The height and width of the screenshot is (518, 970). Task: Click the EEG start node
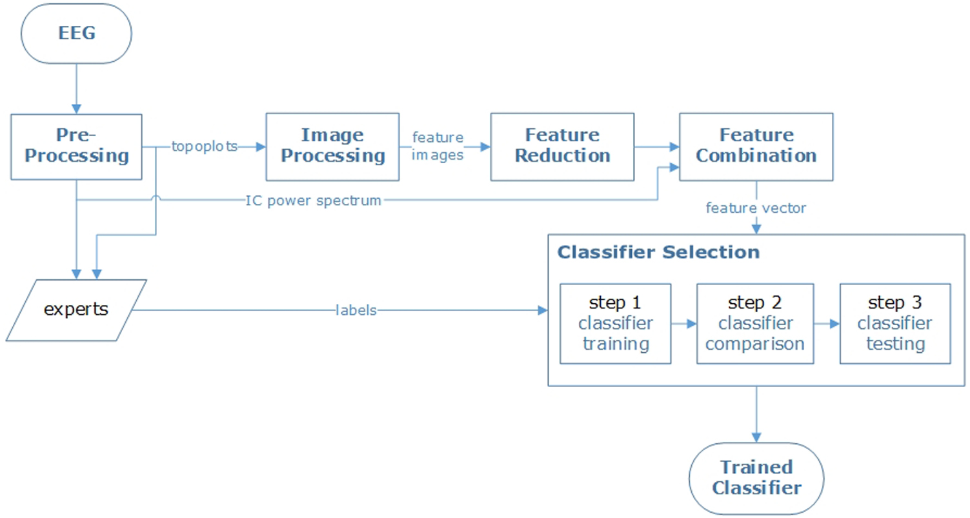tap(76, 34)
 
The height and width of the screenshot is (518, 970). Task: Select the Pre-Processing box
tap(76, 146)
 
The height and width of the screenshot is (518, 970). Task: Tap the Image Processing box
tap(332, 146)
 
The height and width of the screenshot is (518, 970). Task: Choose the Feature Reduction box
tap(562, 146)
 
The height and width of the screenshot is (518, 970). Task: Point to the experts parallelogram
tap(76, 310)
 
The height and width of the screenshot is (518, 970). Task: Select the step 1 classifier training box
tap(615, 323)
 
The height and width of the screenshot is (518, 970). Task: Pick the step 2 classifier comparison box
tap(754, 323)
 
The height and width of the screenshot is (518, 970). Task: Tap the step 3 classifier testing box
tap(894, 323)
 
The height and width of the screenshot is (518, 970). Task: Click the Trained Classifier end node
tap(756, 477)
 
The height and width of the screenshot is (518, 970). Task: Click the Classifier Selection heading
tap(658, 252)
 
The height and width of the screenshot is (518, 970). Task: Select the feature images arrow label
tap(438, 146)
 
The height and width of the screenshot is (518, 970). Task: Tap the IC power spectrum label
tap(314, 201)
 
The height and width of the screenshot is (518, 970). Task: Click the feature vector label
tap(756, 208)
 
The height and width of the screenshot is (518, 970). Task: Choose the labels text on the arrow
tap(356, 311)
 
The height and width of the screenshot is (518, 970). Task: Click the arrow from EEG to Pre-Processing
tap(76, 87)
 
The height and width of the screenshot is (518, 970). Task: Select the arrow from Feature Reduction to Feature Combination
tap(656, 146)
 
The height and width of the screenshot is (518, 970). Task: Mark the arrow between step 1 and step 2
tap(683, 324)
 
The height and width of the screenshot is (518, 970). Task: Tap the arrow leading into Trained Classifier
tap(756, 413)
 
